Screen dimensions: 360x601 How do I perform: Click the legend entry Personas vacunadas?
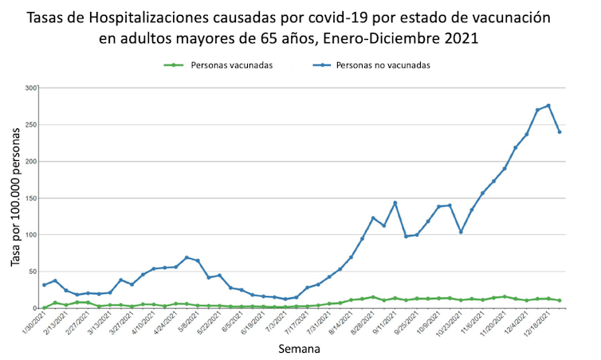232,65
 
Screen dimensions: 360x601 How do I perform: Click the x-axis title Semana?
300,349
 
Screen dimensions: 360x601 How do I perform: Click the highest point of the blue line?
548,106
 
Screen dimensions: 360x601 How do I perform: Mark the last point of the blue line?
560,131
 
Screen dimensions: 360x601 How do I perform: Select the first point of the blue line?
44,284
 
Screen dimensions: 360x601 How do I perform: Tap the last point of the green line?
560,300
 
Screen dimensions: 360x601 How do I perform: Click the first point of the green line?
44,307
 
